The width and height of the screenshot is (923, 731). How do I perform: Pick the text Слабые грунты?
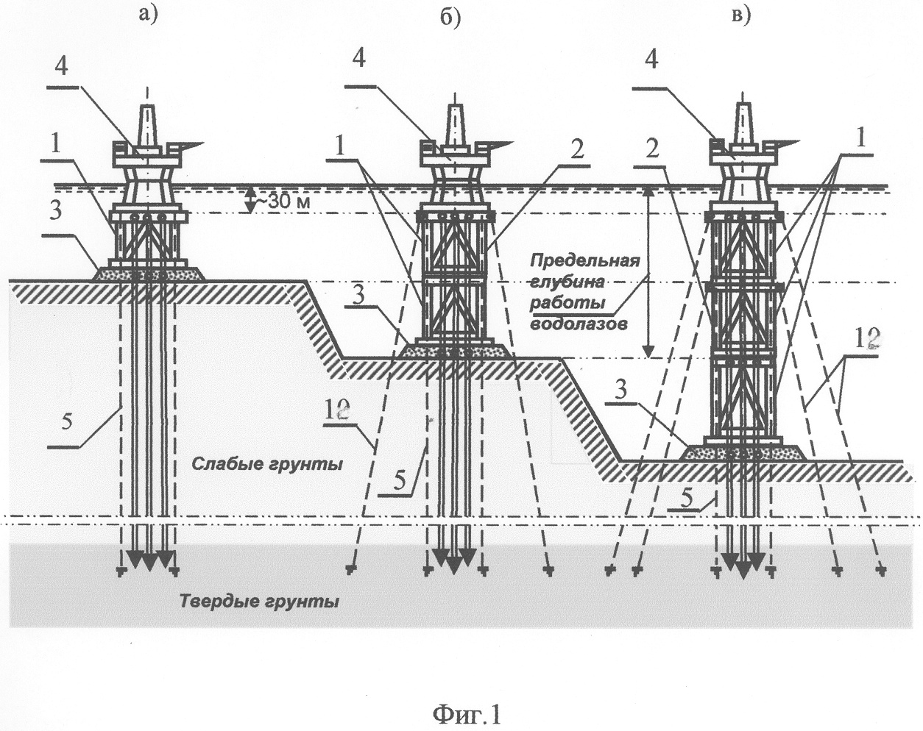coord(267,465)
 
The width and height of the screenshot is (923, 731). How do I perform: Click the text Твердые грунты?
coord(260,602)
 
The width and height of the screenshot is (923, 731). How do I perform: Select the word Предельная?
coord(586,261)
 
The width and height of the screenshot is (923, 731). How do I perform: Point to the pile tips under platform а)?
coord(149,561)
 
